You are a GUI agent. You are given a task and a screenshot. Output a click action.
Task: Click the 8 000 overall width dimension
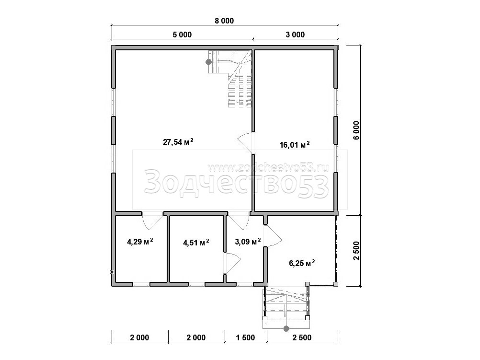pyautogui.click(x=224, y=21)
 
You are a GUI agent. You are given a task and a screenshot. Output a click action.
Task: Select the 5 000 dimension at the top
pyautogui.click(x=182, y=35)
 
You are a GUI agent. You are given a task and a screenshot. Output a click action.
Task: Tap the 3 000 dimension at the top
pyautogui.click(x=295, y=35)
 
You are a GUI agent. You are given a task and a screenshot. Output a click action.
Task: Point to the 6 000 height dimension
pyautogui.click(x=356, y=130)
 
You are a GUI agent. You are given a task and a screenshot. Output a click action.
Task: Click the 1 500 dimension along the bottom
pyautogui.click(x=246, y=337)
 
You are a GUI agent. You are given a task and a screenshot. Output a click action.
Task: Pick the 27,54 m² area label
pyautogui.click(x=178, y=142)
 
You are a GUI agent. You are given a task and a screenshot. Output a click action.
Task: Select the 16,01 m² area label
pyautogui.click(x=295, y=144)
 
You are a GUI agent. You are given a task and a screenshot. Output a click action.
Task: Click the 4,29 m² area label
pyautogui.click(x=140, y=242)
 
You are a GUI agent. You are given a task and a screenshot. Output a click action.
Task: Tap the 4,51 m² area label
pyautogui.click(x=196, y=243)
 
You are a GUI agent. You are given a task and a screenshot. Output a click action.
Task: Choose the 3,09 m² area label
pyautogui.click(x=248, y=242)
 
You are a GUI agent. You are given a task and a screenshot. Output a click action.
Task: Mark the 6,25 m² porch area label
pyautogui.click(x=302, y=263)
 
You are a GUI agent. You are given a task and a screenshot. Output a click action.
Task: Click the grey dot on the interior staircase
pyautogui.click(x=208, y=62)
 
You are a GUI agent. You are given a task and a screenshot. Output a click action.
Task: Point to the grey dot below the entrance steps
pyautogui.click(x=286, y=329)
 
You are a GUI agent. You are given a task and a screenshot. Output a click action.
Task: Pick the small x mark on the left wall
pyautogui.click(x=112, y=272)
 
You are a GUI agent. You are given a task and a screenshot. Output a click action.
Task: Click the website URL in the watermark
pyautogui.click(x=268, y=167)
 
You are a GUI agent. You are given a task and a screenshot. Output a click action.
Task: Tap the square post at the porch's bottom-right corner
pyautogui.click(x=336, y=284)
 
